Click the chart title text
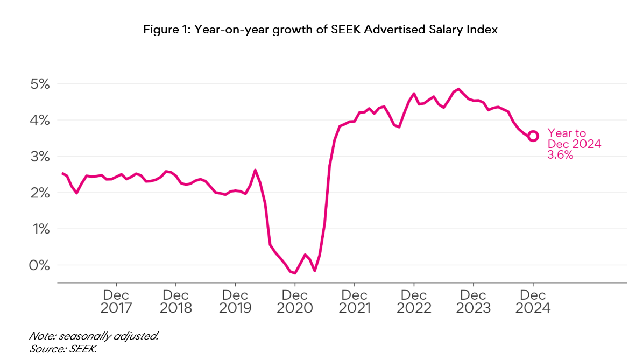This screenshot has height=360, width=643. pyautogui.click(x=321, y=30)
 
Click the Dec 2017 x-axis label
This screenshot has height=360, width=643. pyautogui.click(x=116, y=302)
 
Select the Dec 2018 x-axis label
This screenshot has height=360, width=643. pyautogui.click(x=175, y=302)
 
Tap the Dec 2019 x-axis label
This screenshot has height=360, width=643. pyautogui.click(x=235, y=302)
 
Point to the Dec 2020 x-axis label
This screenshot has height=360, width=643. pyautogui.click(x=294, y=302)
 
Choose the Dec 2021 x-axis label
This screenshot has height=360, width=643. pyautogui.click(x=354, y=302)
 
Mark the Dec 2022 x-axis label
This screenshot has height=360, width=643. pyautogui.click(x=414, y=302)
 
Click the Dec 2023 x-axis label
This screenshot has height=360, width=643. pyautogui.click(x=474, y=302)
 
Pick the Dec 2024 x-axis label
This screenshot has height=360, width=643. pyautogui.click(x=533, y=302)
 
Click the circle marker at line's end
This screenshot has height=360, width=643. pyautogui.click(x=533, y=136)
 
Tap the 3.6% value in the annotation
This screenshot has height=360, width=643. pyautogui.click(x=560, y=155)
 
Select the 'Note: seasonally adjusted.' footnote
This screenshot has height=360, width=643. pyautogui.click(x=94, y=336)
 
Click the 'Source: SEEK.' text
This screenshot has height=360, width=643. pyautogui.click(x=62, y=349)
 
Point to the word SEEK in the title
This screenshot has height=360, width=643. pyautogui.click(x=347, y=30)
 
